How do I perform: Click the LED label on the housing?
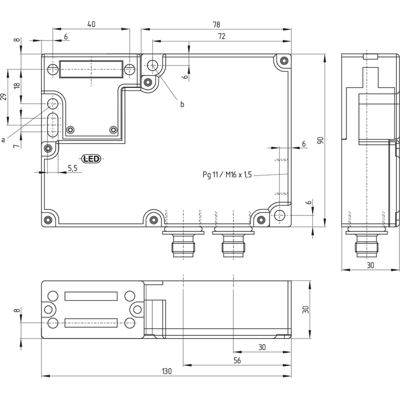tap(91, 159)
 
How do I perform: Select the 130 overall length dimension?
tap(166, 371)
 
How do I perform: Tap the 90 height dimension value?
tap(320, 140)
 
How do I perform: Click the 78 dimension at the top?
tap(216, 24)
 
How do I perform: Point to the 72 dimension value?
tap(221, 36)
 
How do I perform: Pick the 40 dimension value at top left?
tap(91, 24)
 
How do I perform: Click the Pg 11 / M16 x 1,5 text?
tap(227, 174)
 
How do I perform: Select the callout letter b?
tap(182, 104)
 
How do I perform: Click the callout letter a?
tap(3, 140)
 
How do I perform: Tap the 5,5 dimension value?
tap(72, 168)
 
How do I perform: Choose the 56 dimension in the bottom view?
tap(237, 360)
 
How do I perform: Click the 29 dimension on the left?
tap(3, 97)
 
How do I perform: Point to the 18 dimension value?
tap(17, 85)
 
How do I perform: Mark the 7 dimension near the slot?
tap(16, 146)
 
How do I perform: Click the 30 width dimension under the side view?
tap(370, 265)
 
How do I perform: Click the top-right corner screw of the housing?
tap(283, 60)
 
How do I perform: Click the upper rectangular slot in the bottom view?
tap(91, 296)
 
